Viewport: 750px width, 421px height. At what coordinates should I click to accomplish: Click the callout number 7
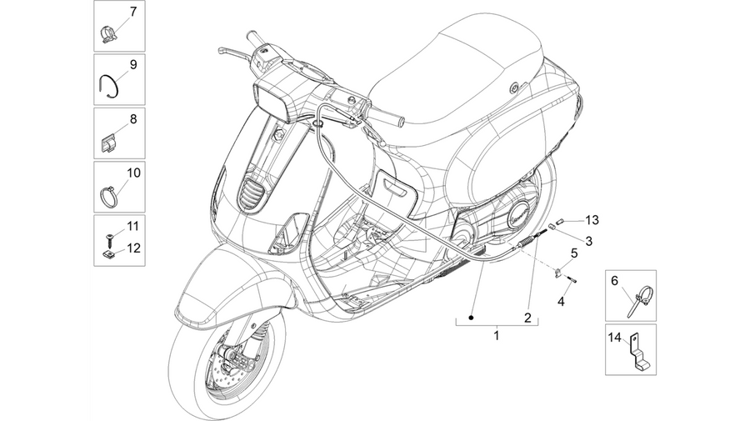[133, 12]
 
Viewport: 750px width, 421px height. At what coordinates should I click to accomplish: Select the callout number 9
[133, 64]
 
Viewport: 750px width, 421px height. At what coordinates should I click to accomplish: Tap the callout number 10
[133, 173]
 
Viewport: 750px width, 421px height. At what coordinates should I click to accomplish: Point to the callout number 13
[592, 220]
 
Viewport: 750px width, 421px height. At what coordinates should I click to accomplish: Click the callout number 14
[615, 338]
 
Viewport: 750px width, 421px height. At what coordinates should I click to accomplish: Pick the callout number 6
[615, 281]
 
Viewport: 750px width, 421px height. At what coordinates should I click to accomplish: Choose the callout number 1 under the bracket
[497, 335]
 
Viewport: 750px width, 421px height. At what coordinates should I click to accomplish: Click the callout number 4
[561, 302]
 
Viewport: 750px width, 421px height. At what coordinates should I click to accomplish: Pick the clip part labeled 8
[108, 144]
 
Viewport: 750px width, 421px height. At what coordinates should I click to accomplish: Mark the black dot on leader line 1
[471, 318]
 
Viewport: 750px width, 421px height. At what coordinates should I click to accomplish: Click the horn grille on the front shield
[251, 193]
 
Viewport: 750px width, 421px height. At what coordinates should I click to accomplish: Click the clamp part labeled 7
[108, 35]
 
